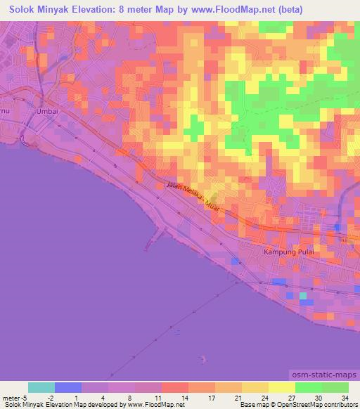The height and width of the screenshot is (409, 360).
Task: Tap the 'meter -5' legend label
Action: coord(15,397)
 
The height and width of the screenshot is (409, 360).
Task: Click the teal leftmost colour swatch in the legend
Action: coord(41,387)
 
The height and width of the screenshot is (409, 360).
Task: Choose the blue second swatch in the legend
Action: coord(68,387)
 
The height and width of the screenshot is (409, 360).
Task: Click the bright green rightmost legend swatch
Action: coord(335,387)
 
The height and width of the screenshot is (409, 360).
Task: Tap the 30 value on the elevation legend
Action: coord(316,397)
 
